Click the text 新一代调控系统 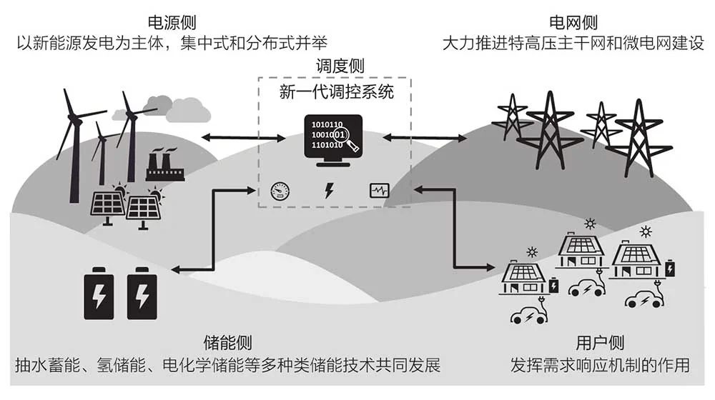pyautogui.click(x=336, y=92)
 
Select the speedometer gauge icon pyautogui.click(x=280, y=191)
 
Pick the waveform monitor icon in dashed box pyautogui.click(x=378, y=191)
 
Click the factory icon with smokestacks pyautogui.click(x=165, y=166)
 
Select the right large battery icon pyautogui.click(x=142, y=291)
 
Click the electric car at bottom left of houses pyautogui.click(x=528, y=315)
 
